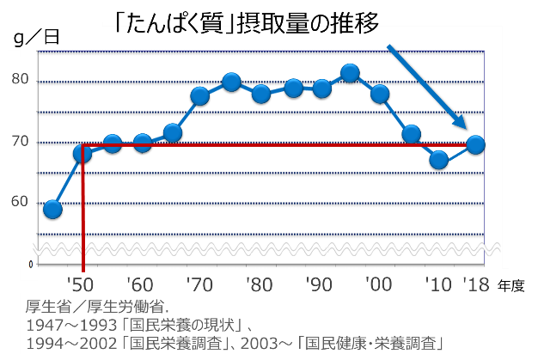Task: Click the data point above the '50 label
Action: tap(83, 154)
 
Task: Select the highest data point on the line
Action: tap(350, 73)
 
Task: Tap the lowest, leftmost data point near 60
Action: tap(52, 210)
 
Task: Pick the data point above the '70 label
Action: tap(200, 95)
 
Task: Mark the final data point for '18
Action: tap(475, 144)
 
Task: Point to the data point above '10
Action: tap(439, 160)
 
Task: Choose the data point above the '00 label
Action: tap(380, 94)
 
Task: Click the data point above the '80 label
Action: tap(261, 94)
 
